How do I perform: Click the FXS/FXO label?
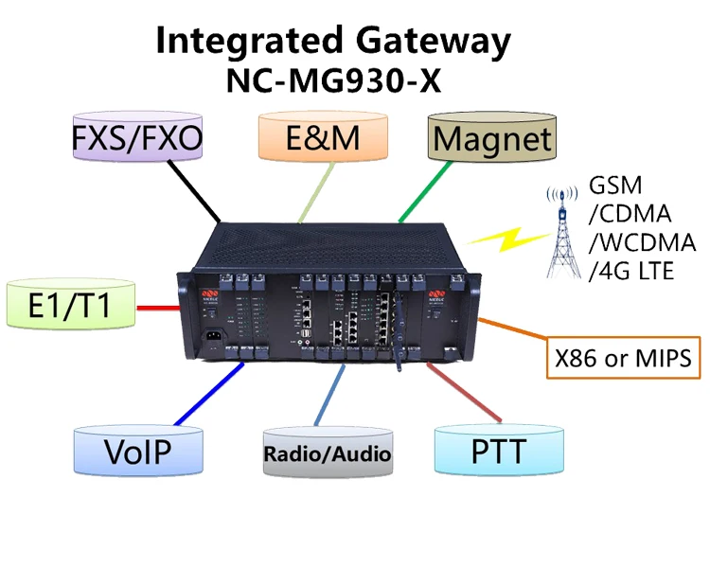(x=137, y=141)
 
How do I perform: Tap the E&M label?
(x=323, y=139)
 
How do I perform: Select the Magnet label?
(x=491, y=140)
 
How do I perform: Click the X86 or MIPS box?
(x=622, y=359)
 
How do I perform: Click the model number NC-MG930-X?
(x=334, y=81)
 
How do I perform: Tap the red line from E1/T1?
(x=155, y=307)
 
